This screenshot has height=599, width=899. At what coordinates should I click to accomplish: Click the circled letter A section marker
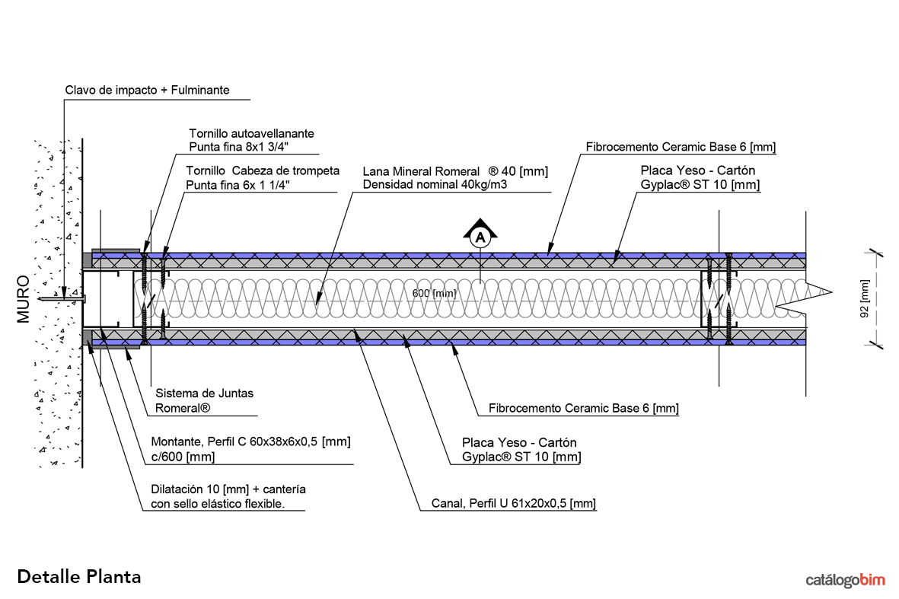pyautogui.click(x=480, y=237)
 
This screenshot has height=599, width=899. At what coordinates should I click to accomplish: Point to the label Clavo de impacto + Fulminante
pyautogui.click(x=147, y=91)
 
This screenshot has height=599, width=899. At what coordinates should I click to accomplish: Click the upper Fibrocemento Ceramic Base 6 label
pyautogui.click(x=681, y=147)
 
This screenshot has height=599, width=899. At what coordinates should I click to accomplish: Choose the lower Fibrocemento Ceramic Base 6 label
pyautogui.click(x=583, y=409)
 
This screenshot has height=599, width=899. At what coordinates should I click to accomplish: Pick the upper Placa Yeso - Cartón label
pyautogui.click(x=697, y=177)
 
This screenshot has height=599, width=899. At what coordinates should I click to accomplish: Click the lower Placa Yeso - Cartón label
pyautogui.click(x=521, y=449)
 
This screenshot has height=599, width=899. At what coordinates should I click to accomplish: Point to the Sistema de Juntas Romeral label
pyautogui.click(x=204, y=400)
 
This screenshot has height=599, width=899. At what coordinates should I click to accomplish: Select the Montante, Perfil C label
pyautogui.click(x=250, y=449)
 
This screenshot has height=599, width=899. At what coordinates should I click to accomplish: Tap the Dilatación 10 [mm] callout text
pyautogui.click(x=228, y=495)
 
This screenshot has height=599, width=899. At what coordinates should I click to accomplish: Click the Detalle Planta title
pyautogui.click(x=79, y=576)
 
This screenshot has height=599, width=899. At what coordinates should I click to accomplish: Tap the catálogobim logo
pyautogui.click(x=846, y=581)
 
